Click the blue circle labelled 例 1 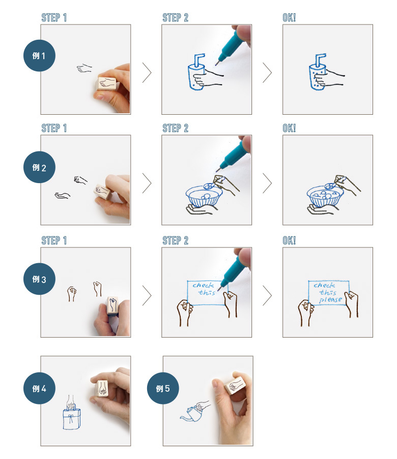click(39, 56)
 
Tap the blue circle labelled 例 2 click(39, 167)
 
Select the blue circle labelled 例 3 click(39, 279)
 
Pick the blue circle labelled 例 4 click(39, 389)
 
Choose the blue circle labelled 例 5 click(163, 389)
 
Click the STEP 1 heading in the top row click(54, 18)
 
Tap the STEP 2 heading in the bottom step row click(175, 241)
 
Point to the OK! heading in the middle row click(289, 128)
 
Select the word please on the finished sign click(331, 300)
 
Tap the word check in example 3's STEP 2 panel click(203, 285)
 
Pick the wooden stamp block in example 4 click(102, 389)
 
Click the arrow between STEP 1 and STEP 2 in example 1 click(147, 72)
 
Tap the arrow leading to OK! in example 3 click(267, 295)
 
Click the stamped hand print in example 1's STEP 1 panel click(84, 68)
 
